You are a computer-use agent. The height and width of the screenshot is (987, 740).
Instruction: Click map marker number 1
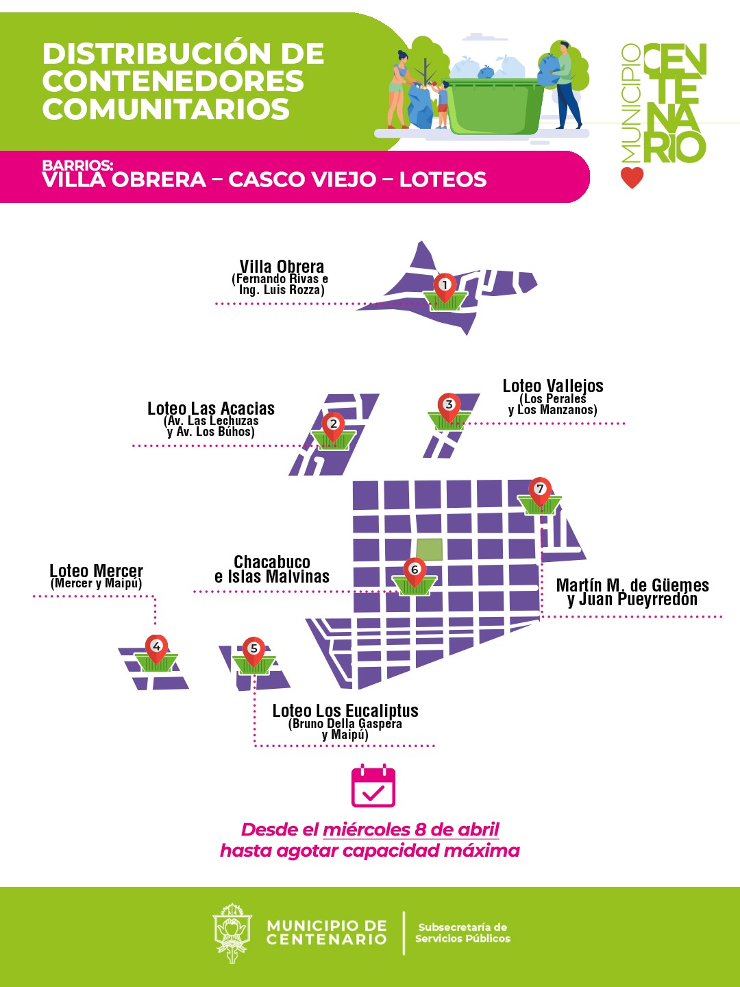445,286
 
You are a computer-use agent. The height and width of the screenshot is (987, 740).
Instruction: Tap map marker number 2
334,425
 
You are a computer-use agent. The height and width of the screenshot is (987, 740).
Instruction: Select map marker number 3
449,405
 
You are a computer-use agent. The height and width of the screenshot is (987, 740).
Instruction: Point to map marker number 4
156,647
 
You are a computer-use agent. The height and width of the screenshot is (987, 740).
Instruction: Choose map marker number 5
254,649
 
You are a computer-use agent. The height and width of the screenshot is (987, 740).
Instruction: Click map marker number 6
414,570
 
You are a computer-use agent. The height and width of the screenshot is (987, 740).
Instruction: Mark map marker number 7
540,489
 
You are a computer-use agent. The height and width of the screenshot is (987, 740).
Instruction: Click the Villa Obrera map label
282,267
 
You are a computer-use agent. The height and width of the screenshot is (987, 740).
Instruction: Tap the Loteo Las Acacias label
211,409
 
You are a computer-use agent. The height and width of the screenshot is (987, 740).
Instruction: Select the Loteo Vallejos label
553,387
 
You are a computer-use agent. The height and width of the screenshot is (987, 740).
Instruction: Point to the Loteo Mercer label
96,572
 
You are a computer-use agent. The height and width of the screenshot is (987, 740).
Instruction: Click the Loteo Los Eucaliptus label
345,711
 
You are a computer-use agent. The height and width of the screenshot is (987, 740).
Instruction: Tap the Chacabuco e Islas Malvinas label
272,570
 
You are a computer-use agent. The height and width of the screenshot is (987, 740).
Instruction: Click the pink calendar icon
373,785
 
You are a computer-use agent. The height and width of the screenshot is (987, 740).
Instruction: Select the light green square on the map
430,550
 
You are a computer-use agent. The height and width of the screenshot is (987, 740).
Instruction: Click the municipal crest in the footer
232,932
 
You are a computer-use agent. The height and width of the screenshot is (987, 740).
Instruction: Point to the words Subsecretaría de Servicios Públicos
463,933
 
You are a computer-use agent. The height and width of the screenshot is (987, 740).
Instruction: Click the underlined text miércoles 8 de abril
411,830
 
